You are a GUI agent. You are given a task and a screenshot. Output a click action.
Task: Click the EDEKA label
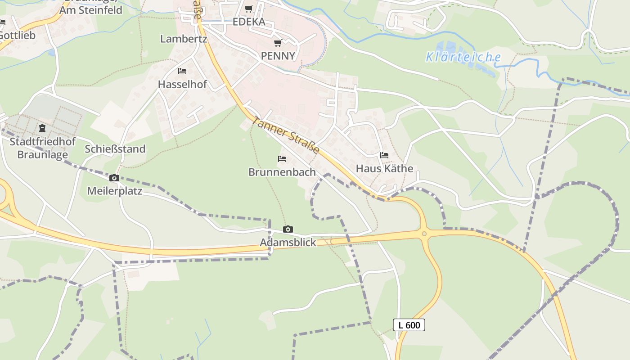click(249, 22)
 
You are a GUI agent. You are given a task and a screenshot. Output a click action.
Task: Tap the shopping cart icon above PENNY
click(278, 43)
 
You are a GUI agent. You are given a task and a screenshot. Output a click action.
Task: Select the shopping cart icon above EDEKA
click(249, 9)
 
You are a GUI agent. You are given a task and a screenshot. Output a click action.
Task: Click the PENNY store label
click(278, 56)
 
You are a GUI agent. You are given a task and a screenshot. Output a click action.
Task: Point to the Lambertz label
click(184, 39)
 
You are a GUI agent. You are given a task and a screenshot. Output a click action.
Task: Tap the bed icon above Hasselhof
click(182, 71)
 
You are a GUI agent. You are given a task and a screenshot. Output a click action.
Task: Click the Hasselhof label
click(182, 85)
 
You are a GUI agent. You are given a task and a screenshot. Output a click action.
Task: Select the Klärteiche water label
click(463, 57)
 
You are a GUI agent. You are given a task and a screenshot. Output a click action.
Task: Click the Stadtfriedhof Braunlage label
click(42, 148)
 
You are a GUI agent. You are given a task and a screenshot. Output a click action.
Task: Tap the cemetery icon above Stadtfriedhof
click(42, 129)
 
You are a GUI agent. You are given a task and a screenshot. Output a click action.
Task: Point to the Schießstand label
click(115, 149)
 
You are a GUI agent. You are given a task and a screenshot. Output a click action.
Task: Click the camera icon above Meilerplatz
click(114, 178)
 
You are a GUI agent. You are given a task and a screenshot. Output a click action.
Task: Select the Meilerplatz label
click(114, 191)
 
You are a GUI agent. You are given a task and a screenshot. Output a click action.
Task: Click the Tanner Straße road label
click(286, 135)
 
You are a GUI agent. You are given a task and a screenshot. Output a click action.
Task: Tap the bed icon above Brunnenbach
click(282, 159)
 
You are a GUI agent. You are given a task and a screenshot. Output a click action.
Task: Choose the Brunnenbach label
click(282, 172)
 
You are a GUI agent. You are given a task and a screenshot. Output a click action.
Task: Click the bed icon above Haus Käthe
click(384, 155)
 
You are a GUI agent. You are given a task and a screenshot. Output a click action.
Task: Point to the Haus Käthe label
click(384, 169)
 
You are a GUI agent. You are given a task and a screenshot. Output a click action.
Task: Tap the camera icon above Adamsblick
click(288, 229)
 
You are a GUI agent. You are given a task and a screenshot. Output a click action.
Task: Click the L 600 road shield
click(409, 325)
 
